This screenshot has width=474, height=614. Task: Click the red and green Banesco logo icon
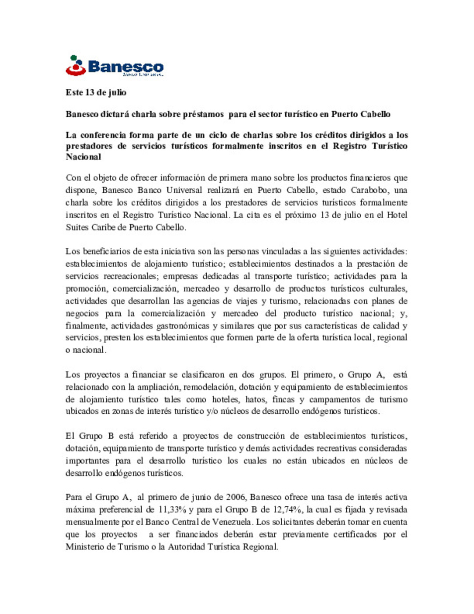[75, 65]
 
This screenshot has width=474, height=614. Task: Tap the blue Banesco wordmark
[126, 67]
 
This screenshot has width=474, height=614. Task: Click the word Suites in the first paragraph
[77, 227]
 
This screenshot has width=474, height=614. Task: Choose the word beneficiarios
[107, 251]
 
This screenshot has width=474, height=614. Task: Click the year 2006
[236, 497]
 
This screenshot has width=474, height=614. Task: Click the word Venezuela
[233, 522]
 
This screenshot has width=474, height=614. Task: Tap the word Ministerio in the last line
[85, 547]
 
